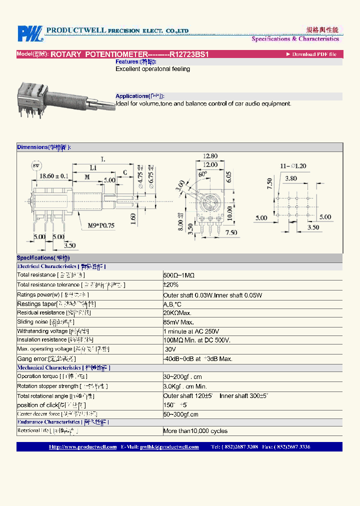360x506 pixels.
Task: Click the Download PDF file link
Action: (313, 54)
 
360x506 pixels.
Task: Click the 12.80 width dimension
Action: (210, 156)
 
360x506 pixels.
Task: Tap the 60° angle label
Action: (202, 175)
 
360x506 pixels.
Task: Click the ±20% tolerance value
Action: (170, 284)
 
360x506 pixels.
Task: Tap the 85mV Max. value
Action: (178, 322)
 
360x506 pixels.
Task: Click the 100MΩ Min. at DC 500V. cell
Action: (196, 340)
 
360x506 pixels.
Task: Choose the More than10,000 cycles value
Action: (195, 431)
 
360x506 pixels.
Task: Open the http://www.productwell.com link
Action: (82, 447)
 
